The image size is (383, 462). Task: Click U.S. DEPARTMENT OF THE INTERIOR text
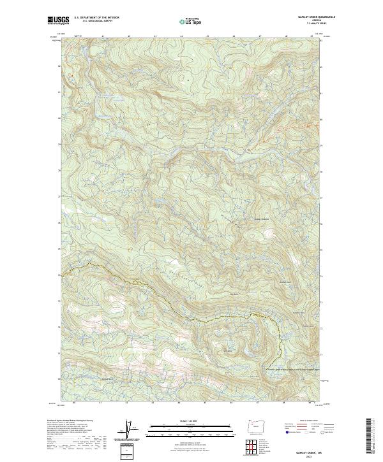coord(97,18)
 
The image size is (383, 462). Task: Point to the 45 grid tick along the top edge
coord(207,36)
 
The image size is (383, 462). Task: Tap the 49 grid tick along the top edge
coord(312,36)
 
